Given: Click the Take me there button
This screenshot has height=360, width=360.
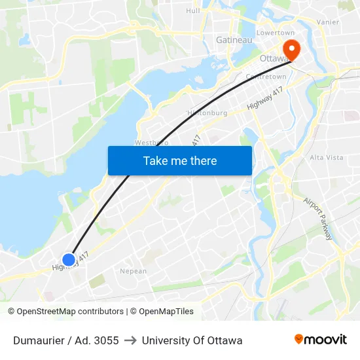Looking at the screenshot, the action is point(180,160).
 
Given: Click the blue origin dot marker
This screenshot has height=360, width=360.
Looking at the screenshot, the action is point(69,259).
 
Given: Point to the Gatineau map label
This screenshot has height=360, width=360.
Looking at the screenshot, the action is point(234,40).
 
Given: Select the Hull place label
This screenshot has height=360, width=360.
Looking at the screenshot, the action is point(193,10).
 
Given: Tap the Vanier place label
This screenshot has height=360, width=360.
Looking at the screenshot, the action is point(327,22).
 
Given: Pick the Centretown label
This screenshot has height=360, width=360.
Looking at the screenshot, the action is point(265,77).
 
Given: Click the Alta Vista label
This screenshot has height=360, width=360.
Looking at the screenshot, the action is point(326,158).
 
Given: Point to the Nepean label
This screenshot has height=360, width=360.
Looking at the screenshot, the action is point(134,271).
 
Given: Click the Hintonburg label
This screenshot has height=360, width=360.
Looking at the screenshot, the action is point(207,113).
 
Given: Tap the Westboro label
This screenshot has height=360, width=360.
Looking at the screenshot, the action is point(151,142).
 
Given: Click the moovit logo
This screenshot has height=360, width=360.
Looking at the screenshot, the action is point(321,340).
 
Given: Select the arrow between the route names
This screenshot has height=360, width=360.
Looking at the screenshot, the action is point(130,340).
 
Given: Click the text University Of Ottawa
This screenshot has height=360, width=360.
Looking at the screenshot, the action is point(192,340).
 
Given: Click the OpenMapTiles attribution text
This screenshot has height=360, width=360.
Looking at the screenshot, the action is point(162,312).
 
